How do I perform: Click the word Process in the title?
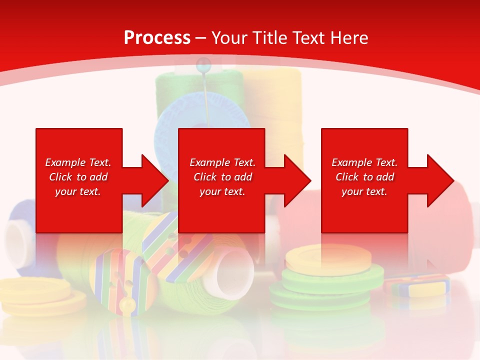pos(157,38)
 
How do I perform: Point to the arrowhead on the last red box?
pos(438,180)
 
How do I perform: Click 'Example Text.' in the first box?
pos(78,162)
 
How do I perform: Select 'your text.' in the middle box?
pos(222,191)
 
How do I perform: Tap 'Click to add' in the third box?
pos(364,177)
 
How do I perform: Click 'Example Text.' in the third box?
pos(364,162)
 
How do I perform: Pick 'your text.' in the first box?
pos(78,191)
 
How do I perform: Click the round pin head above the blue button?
pos(202,63)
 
